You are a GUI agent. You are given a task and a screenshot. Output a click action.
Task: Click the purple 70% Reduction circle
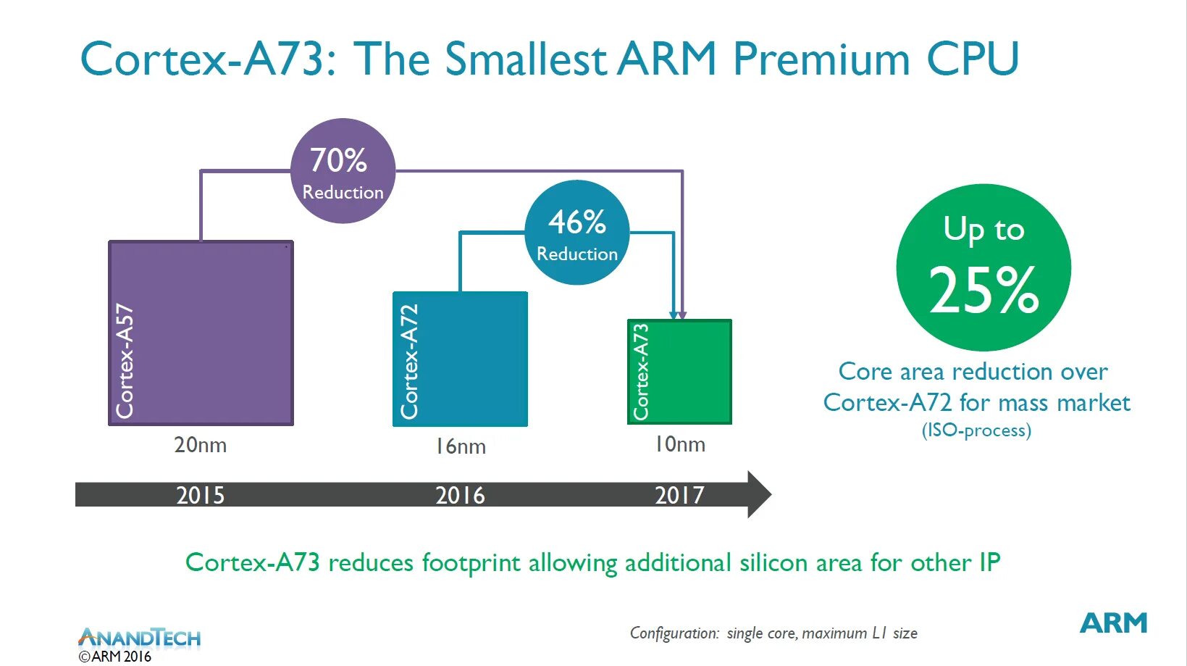(x=343, y=171)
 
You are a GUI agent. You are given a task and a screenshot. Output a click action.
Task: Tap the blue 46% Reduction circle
(x=576, y=233)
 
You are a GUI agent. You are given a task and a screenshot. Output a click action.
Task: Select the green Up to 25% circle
(x=983, y=267)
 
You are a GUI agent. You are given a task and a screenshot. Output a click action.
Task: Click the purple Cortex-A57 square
(x=201, y=333)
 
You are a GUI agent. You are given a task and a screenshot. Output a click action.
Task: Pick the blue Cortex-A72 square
(x=460, y=359)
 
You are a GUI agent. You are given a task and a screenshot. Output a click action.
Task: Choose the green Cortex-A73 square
(x=679, y=371)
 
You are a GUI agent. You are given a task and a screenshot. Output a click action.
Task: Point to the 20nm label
(x=200, y=445)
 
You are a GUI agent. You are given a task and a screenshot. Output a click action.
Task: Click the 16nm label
(x=460, y=446)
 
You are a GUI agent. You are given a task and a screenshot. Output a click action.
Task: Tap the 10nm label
(x=679, y=444)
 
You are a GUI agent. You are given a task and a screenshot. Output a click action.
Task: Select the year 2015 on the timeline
(x=200, y=496)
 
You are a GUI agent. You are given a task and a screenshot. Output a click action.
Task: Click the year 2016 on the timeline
(x=460, y=496)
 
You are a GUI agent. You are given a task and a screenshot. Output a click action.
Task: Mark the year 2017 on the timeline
(x=679, y=496)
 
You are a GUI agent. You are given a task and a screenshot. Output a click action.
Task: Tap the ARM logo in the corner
(x=1113, y=623)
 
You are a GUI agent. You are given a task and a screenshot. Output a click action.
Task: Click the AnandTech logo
(x=139, y=638)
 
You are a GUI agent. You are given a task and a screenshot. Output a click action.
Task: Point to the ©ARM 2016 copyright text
(x=115, y=657)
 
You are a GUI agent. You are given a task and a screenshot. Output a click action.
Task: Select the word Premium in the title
(x=821, y=59)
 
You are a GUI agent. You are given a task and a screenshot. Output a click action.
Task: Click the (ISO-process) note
(x=976, y=430)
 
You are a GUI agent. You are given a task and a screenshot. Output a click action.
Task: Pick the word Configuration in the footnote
(x=674, y=633)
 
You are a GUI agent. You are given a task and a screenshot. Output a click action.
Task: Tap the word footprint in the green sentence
(x=471, y=563)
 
